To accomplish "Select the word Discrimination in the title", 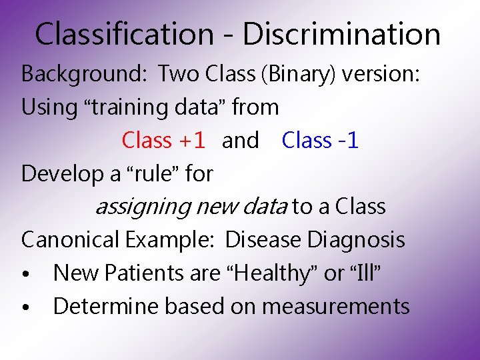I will pos(341,34).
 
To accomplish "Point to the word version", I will pos(381,74).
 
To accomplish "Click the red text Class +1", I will pos(163,141).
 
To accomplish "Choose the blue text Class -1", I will pos(320,141).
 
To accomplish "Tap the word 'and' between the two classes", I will pos(240,141).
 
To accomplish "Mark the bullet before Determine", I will pos(25,308).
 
